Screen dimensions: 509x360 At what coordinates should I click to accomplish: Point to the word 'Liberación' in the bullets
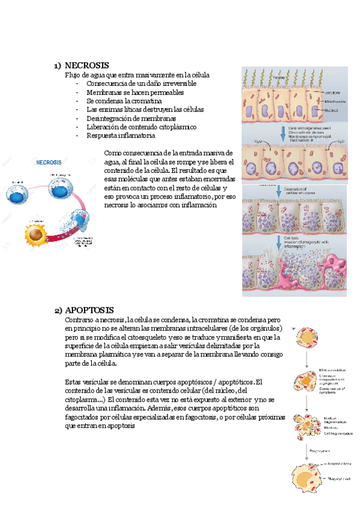pyautogui.click(x=104, y=127)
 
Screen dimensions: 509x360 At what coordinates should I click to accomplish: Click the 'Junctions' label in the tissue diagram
pyautogui.click(x=332, y=93)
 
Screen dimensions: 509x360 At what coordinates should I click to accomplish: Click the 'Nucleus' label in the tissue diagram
pyautogui.click(x=331, y=111)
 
